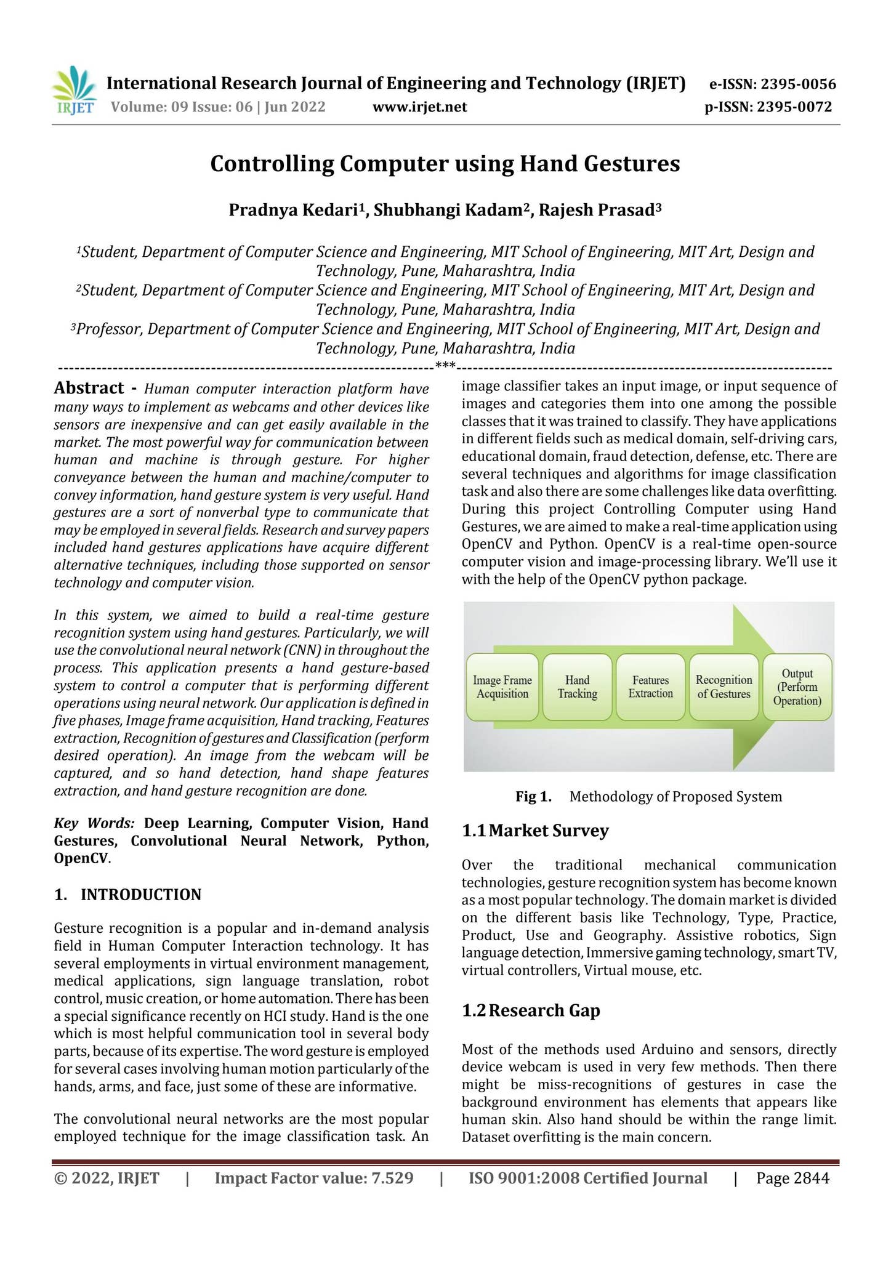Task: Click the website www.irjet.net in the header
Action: click(x=419, y=107)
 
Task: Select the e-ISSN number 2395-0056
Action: click(x=797, y=84)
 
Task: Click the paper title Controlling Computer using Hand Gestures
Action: click(x=445, y=164)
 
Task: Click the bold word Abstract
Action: click(x=89, y=388)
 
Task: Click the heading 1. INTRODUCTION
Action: click(x=127, y=895)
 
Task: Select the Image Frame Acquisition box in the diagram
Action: click(x=502, y=687)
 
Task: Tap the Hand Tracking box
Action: click(x=577, y=687)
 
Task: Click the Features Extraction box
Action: click(x=650, y=687)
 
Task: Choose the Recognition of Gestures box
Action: click(x=724, y=687)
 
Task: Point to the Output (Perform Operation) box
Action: click(x=797, y=687)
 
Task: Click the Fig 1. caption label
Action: click(x=533, y=797)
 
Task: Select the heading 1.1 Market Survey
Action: click(x=535, y=831)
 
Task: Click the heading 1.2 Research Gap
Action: click(x=531, y=1010)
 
